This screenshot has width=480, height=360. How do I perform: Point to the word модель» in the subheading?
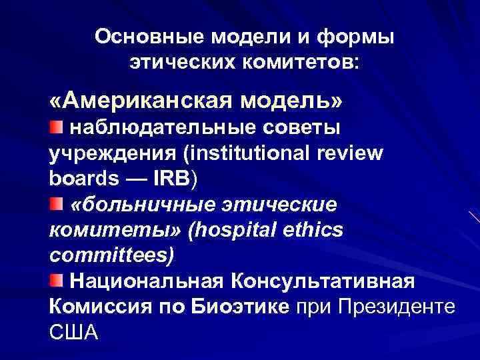click(294, 101)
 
